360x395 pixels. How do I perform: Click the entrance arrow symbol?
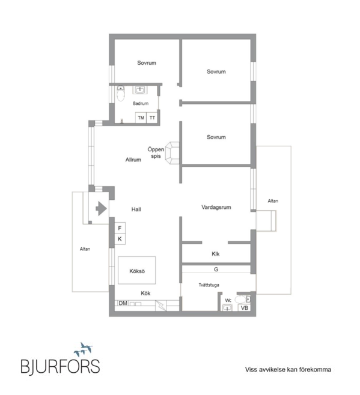tap(101, 208)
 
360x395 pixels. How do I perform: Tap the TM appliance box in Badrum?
tap(141, 118)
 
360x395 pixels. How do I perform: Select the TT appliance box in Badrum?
tap(152, 118)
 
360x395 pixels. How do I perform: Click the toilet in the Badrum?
tap(121, 94)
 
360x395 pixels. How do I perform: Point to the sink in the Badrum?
tap(140, 89)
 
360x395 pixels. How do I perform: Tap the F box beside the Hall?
tap(120, 228)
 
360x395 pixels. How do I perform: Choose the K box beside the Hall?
tap(120, 239)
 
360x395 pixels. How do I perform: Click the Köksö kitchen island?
tap(137, 270)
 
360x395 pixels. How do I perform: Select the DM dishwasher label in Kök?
tap(123, 303)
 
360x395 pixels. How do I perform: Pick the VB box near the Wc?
tap(245, 308)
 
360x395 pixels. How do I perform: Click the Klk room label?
tap(215, 254)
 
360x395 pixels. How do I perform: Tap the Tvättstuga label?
tap(209, 285)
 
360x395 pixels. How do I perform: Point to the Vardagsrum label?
tap(216, 207)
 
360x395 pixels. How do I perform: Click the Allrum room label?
tap(133, 160)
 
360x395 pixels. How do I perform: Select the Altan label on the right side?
tap(273, 201)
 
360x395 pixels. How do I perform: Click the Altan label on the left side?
tap(85, 249)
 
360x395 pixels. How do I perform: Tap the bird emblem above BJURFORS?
tap(84, 349)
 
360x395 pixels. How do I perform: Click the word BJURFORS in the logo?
tap(60, 366)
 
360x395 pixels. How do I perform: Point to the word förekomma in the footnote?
tap(315, 370)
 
